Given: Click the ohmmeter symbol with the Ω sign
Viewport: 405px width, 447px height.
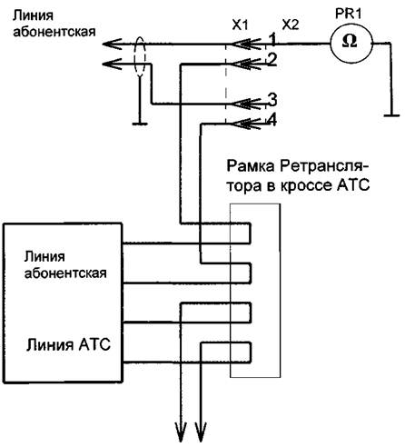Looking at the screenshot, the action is (351, 44).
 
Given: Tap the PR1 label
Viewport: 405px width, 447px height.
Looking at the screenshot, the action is (348, 14).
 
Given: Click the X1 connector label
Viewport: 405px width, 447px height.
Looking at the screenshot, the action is (240, 25).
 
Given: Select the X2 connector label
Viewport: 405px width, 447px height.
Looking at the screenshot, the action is (291, 25).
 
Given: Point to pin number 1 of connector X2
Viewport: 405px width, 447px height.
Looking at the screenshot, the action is (272, 39).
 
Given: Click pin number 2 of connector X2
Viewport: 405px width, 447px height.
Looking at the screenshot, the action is (272, 59).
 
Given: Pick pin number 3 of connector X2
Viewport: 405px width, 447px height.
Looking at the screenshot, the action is (272, 100).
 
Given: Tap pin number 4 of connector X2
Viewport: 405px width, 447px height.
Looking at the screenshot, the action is (272, 120).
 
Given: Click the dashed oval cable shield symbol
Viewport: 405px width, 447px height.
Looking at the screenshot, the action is (140, 57).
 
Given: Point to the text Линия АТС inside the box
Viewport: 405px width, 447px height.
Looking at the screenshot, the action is (68, 344).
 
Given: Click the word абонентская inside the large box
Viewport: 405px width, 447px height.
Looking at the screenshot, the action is (65, 273).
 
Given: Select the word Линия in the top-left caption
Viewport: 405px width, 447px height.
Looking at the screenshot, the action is (33, 15).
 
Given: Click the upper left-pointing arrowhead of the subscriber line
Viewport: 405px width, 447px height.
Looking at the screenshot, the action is (112, 45).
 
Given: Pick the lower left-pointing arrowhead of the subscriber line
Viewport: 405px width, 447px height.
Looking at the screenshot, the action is (112, 64).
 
